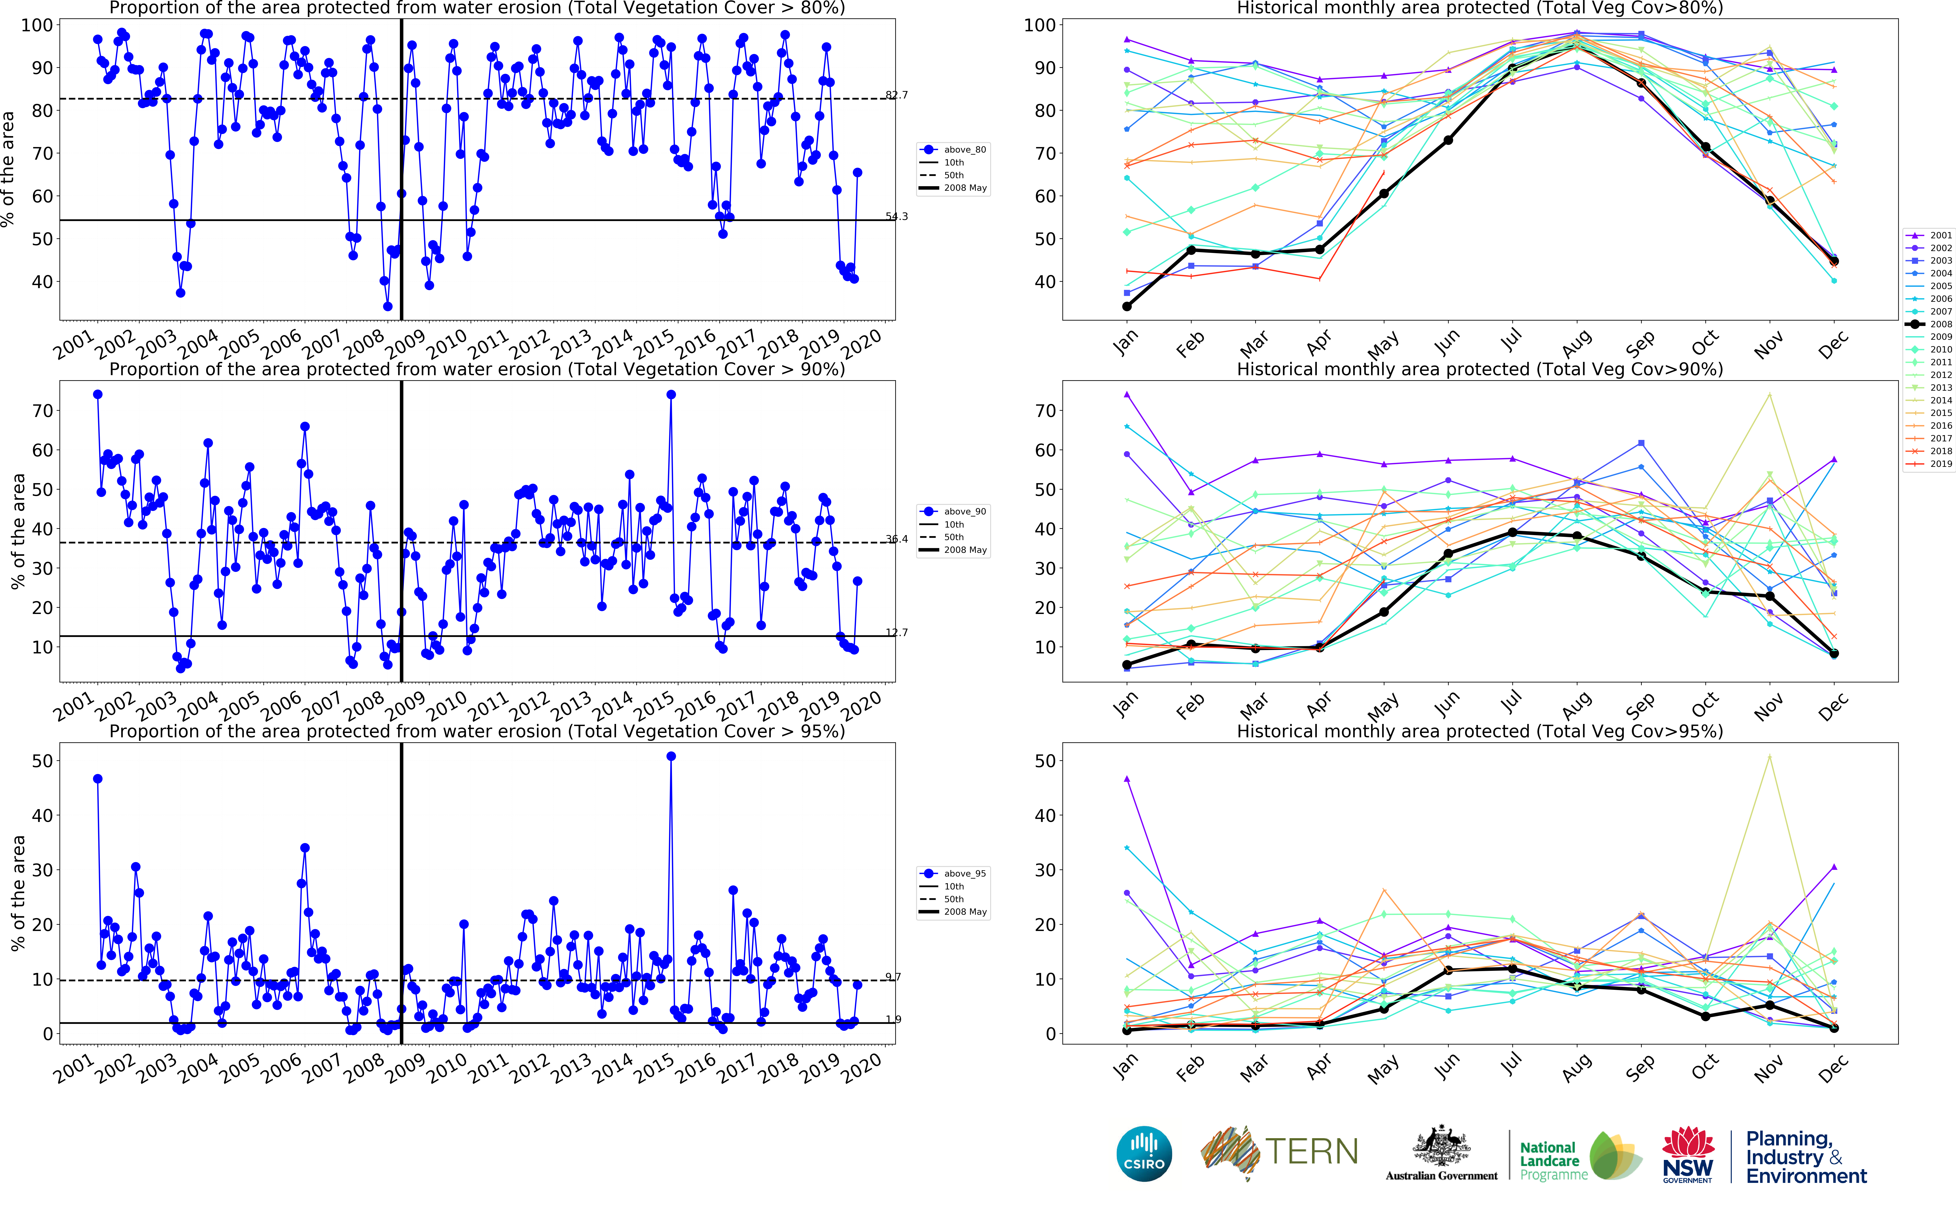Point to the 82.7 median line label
pos(896,95)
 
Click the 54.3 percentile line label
pos(896,216)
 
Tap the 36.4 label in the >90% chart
pos(896,539)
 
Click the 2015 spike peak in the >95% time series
pos(671,756)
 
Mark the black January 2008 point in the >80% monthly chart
pos(1127,306)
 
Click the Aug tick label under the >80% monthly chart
pos(1576,344)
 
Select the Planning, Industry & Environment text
pos(1805,1157)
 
